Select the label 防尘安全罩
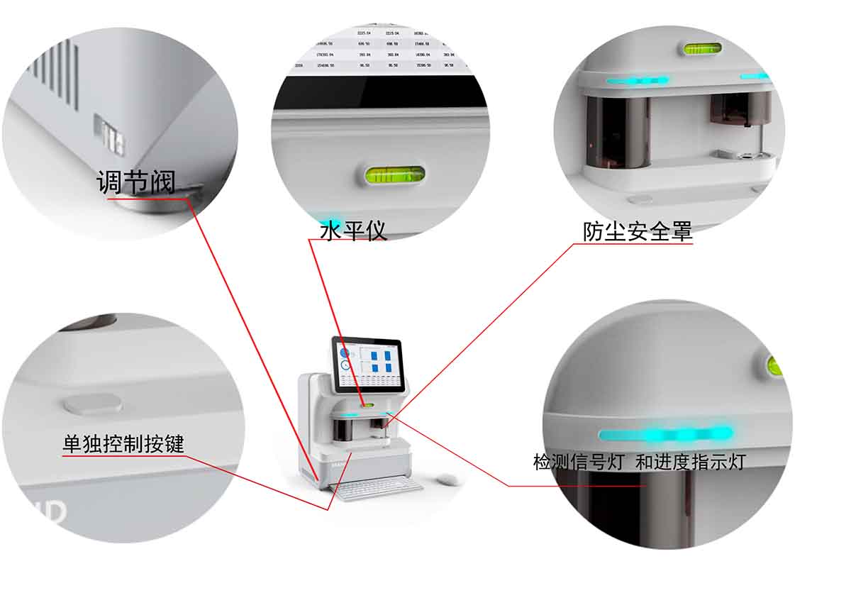tap(637, 231)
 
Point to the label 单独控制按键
tap(123, 444)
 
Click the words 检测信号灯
tap(579, 462)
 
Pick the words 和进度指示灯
tap(690, 462)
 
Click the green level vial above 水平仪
tap(394, 174)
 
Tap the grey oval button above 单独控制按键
tap(93, 404)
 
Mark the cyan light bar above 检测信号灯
tap(665, 433)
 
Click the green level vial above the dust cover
tap(702, 49)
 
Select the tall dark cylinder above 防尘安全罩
tap(618, 132)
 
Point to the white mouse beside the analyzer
tap(447, 480)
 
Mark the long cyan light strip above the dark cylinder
tap(637, 81)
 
